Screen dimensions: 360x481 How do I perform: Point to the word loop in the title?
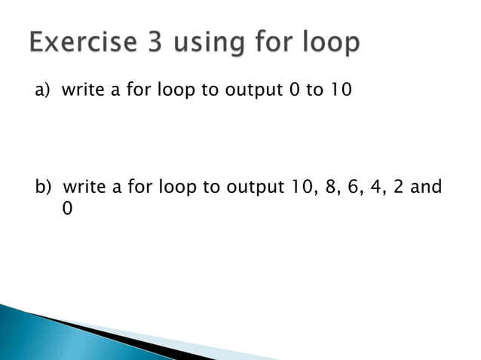click(x=328, y=44)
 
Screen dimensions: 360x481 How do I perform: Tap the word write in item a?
click(x=83, y=92)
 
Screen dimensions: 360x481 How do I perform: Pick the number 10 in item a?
click(x=341, y=92)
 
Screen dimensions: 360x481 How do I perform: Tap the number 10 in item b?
click(x=302, y=186)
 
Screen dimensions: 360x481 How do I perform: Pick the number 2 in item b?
click(x=400, y=186)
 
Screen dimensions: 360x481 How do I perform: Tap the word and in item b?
click(x=427, y=186)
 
